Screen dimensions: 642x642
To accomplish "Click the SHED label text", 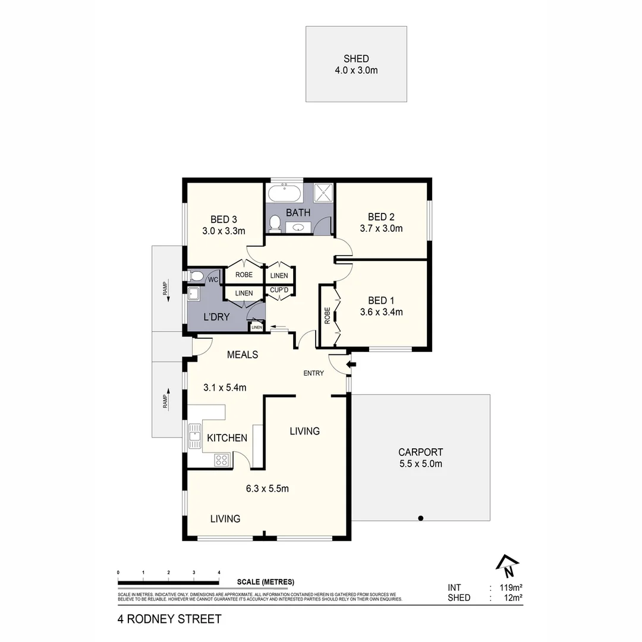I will tap(356, 59).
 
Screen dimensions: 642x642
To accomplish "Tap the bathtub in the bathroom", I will tap(285, 193).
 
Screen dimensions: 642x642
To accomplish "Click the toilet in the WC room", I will tap(197, 275).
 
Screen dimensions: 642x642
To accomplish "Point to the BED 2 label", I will tap(381, 216).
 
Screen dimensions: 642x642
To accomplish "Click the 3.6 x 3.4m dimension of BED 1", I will tap(381, 311).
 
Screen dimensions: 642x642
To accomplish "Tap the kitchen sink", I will tap(194, 437).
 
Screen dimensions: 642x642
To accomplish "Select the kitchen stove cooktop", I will tap(222, 460).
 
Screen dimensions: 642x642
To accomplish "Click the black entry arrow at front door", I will tap(351, 364).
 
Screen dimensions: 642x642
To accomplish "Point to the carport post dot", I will tap(421, 518).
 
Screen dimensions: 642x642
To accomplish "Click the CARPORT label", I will tap(420, 452).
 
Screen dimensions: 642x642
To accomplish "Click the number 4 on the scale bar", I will tap(219, 572).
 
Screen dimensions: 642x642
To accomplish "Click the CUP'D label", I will tap(279, 291).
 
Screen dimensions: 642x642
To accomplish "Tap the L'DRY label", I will tap(216, 317).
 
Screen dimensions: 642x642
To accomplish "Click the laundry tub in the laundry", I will tap(193, 293).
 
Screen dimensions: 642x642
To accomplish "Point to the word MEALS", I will tap(243, 355).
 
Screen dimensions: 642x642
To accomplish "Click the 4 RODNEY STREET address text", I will tap(169, 619).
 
